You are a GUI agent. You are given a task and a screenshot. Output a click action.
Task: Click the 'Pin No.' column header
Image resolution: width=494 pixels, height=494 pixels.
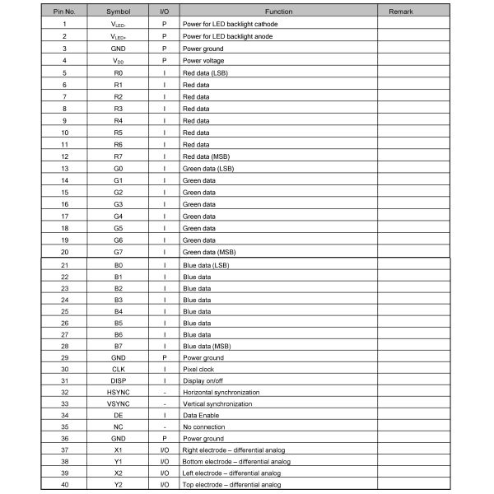[x=64, y=12]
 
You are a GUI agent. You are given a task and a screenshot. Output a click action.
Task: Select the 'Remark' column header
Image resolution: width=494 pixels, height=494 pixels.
[x=412, y=12]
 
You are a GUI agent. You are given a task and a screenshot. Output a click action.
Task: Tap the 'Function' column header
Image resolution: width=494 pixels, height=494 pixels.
[x=278, y=12]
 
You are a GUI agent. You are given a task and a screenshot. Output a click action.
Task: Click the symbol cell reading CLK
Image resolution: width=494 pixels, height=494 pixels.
[x=119, y=370]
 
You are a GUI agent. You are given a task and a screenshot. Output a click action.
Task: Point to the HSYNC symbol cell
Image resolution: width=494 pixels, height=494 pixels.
[x=119, y=393]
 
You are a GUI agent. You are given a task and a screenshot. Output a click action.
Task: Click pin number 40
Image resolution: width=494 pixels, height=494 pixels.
[x=64, y=485]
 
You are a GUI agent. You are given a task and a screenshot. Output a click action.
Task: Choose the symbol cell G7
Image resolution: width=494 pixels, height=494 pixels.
[x=119, y=252]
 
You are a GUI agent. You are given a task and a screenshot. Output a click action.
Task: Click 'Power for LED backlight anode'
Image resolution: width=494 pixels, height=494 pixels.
[x=228, y=37]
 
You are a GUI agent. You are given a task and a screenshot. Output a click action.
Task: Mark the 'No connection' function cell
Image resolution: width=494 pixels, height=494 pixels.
[x=203, y=427]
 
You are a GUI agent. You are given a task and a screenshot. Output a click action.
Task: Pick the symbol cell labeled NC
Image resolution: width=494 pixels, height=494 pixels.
[x=119, y=427]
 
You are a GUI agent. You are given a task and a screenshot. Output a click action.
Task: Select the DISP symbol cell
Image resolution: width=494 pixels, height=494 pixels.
[x=119, y=381]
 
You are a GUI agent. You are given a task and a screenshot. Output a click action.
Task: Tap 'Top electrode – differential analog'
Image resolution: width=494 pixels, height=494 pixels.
[x=234, y=485]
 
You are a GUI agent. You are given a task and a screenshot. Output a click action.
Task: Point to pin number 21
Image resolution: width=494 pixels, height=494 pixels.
[x=64, y=265]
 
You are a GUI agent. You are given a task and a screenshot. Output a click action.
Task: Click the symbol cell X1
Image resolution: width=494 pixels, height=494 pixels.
[x=119, y=450]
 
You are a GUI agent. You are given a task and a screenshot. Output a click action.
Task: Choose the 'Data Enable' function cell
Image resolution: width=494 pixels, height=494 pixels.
[x=201, y=416]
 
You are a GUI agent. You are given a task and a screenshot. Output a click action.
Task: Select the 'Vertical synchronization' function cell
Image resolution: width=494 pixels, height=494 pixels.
[x=218, y=404]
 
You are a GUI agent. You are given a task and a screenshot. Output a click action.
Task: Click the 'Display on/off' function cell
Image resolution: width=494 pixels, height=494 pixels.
[x=203, y=381]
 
